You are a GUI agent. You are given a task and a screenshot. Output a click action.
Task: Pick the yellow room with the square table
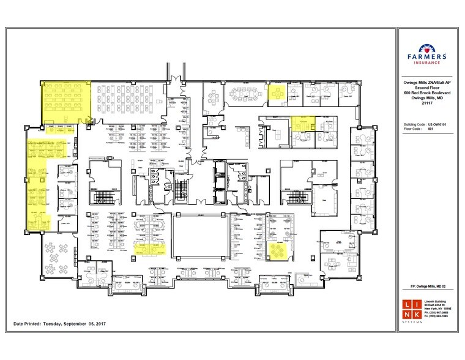[277, 94]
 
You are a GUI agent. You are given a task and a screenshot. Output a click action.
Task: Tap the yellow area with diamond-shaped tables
[279, 249]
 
